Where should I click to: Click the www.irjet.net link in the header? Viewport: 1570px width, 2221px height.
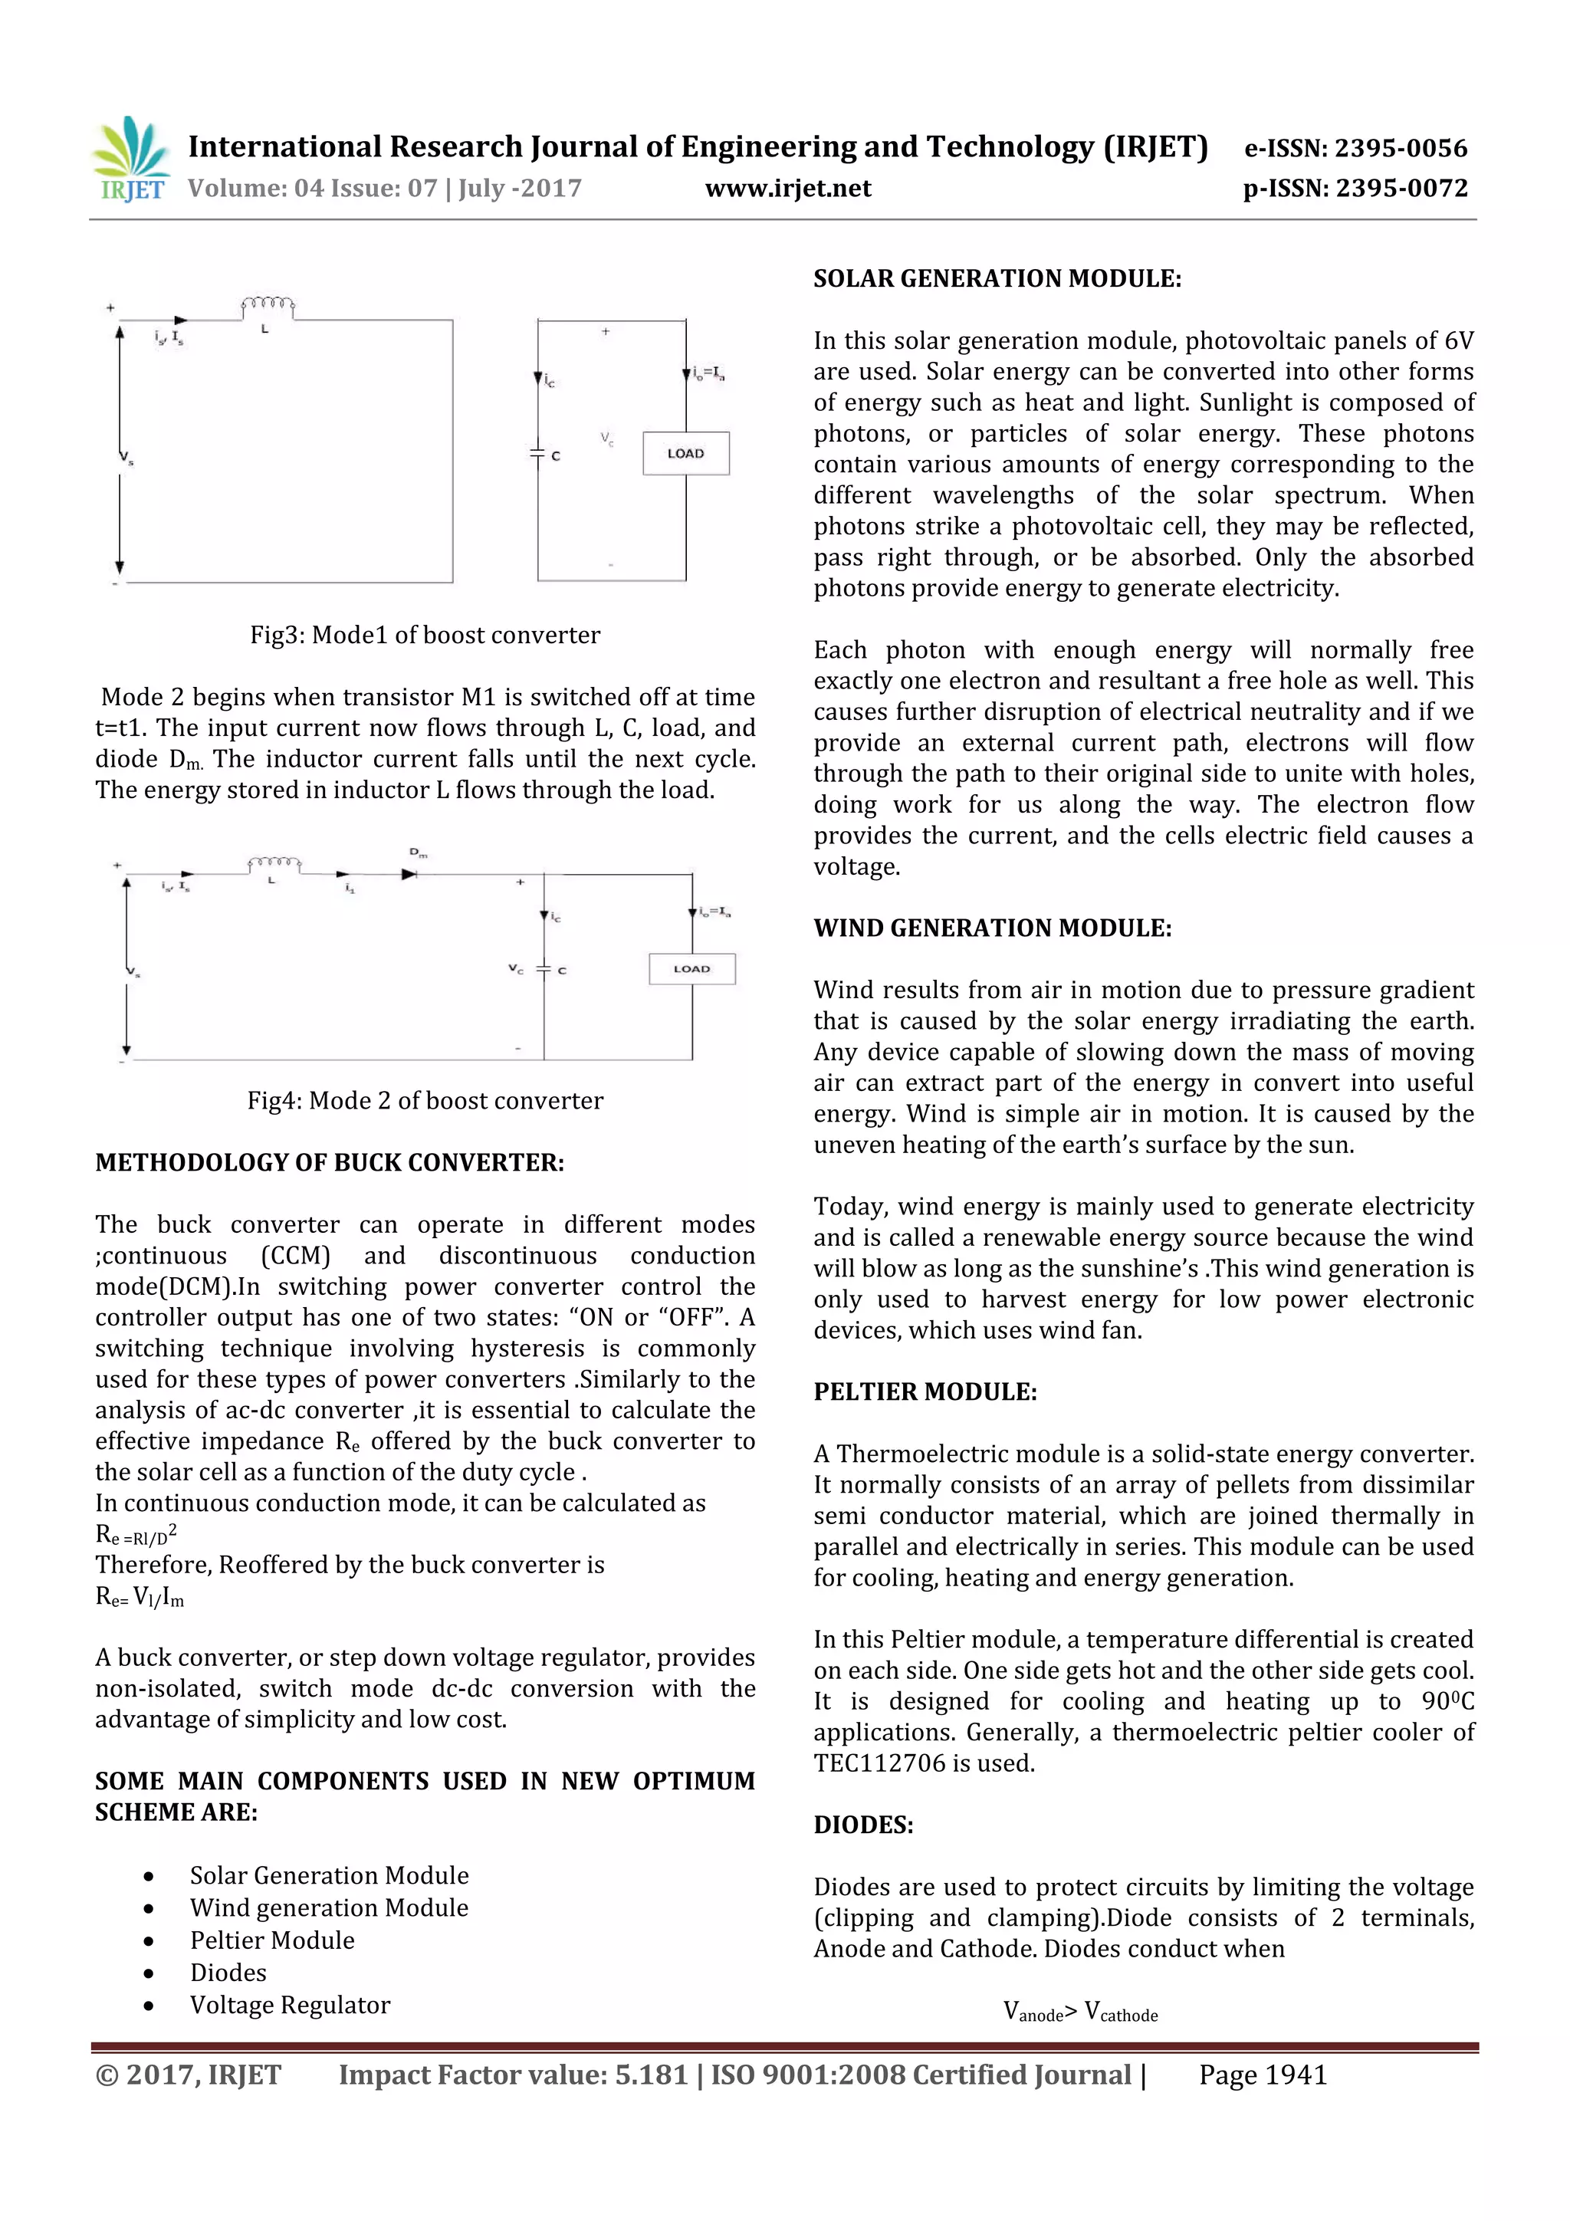click(787, 189)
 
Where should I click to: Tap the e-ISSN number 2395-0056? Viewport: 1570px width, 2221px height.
click(1400, 148)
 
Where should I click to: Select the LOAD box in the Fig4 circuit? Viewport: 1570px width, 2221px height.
click(691, 968)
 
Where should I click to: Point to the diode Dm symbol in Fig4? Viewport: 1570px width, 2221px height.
click(410, 873)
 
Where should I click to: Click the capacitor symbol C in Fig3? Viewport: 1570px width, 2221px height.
click(538, 454)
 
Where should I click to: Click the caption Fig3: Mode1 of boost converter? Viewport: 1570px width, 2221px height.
click(425, 636)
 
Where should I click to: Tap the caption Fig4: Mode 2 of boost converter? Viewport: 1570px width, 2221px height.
click(425, 1101)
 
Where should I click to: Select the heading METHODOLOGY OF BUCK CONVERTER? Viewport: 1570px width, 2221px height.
click(329, 1163)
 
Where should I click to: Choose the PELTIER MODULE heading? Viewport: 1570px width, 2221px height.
click(924, 1392)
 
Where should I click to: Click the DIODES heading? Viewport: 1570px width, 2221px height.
click(863, 1825)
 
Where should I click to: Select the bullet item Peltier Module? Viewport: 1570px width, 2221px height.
click(272, 1940)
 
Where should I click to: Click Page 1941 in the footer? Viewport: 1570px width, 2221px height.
click(1263, 2075)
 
